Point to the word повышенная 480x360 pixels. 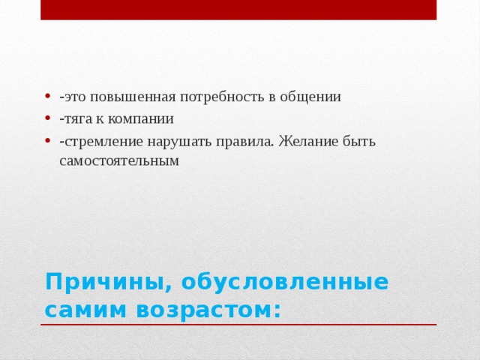(x=132, y=97)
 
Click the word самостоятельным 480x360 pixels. (x=119, y=160)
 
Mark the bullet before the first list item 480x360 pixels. (x=47, y=97)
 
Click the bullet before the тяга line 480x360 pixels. (x=47, y=118)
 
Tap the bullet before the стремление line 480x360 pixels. (x=47, y=141)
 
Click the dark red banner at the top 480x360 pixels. (x=238, y=10)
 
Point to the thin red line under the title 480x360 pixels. (x=238, y=325)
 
